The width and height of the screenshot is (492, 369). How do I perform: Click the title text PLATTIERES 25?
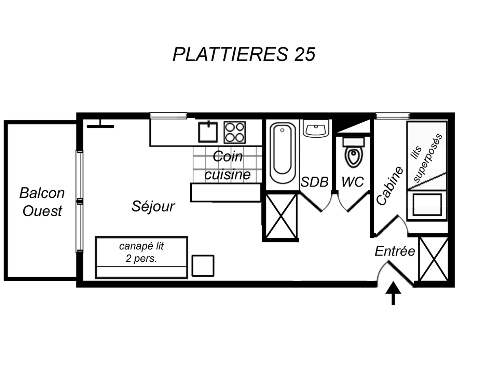(244, 54)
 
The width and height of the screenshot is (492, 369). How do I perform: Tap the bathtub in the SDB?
(283, 153)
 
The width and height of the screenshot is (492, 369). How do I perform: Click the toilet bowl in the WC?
(354, 152)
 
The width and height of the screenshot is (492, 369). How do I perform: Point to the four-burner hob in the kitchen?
(235, 133)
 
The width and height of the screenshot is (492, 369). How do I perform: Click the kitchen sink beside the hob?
(208, 132)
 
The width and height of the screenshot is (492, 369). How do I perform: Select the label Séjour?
(153, 206)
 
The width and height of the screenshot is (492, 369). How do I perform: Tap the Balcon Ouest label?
(42, 202)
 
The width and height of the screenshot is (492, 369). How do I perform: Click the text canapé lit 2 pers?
(141, 252)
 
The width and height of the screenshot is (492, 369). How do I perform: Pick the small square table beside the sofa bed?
(203, 266)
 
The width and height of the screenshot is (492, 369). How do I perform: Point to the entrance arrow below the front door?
(393, 293)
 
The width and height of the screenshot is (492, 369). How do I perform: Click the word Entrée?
(395, 251)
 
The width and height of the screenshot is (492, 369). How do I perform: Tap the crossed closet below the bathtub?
(281, 216)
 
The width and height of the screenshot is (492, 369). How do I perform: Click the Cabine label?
(389, 186)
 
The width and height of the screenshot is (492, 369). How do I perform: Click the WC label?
(353, 182)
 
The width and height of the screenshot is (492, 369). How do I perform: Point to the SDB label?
(314, 182)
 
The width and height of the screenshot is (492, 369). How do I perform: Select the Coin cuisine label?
(228, 165)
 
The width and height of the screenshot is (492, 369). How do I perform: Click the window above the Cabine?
(393, 116)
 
